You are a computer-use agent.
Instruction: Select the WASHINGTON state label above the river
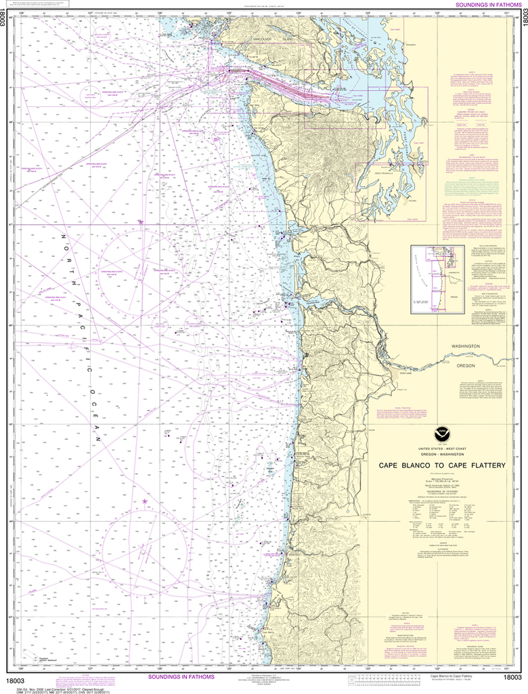click(x=461, y=346)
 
